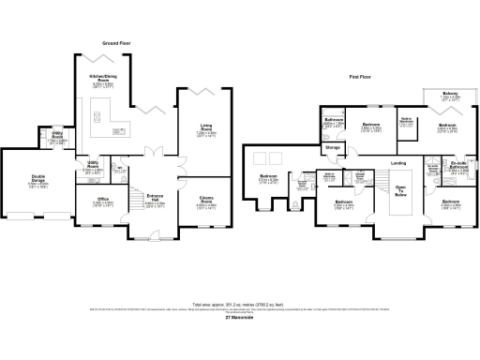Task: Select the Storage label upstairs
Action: [x=333, y=148]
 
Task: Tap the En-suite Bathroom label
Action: [x=458, y=167]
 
